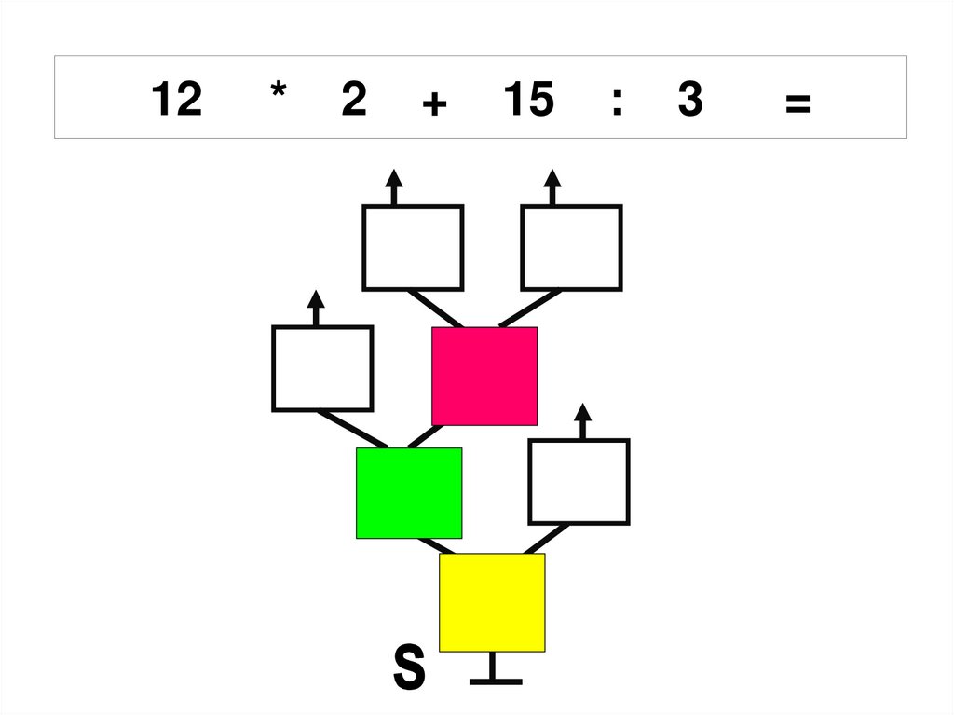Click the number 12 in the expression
click(175, 101)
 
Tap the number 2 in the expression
click(353, 101)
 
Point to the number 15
click(527, 101)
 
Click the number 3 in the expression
click(689, 101)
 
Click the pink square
click(484, 376)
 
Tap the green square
click(409, 493)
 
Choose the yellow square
click(492, 602)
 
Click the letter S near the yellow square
click(409, 668)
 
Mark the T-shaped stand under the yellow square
click(495, 671)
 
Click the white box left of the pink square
click(322, 368)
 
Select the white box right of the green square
click(579, 482)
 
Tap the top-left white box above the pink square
click(413, 248)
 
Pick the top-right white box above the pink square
click(571, 248)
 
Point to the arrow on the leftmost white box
click(316, 307)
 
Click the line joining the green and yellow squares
click(437, 545)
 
